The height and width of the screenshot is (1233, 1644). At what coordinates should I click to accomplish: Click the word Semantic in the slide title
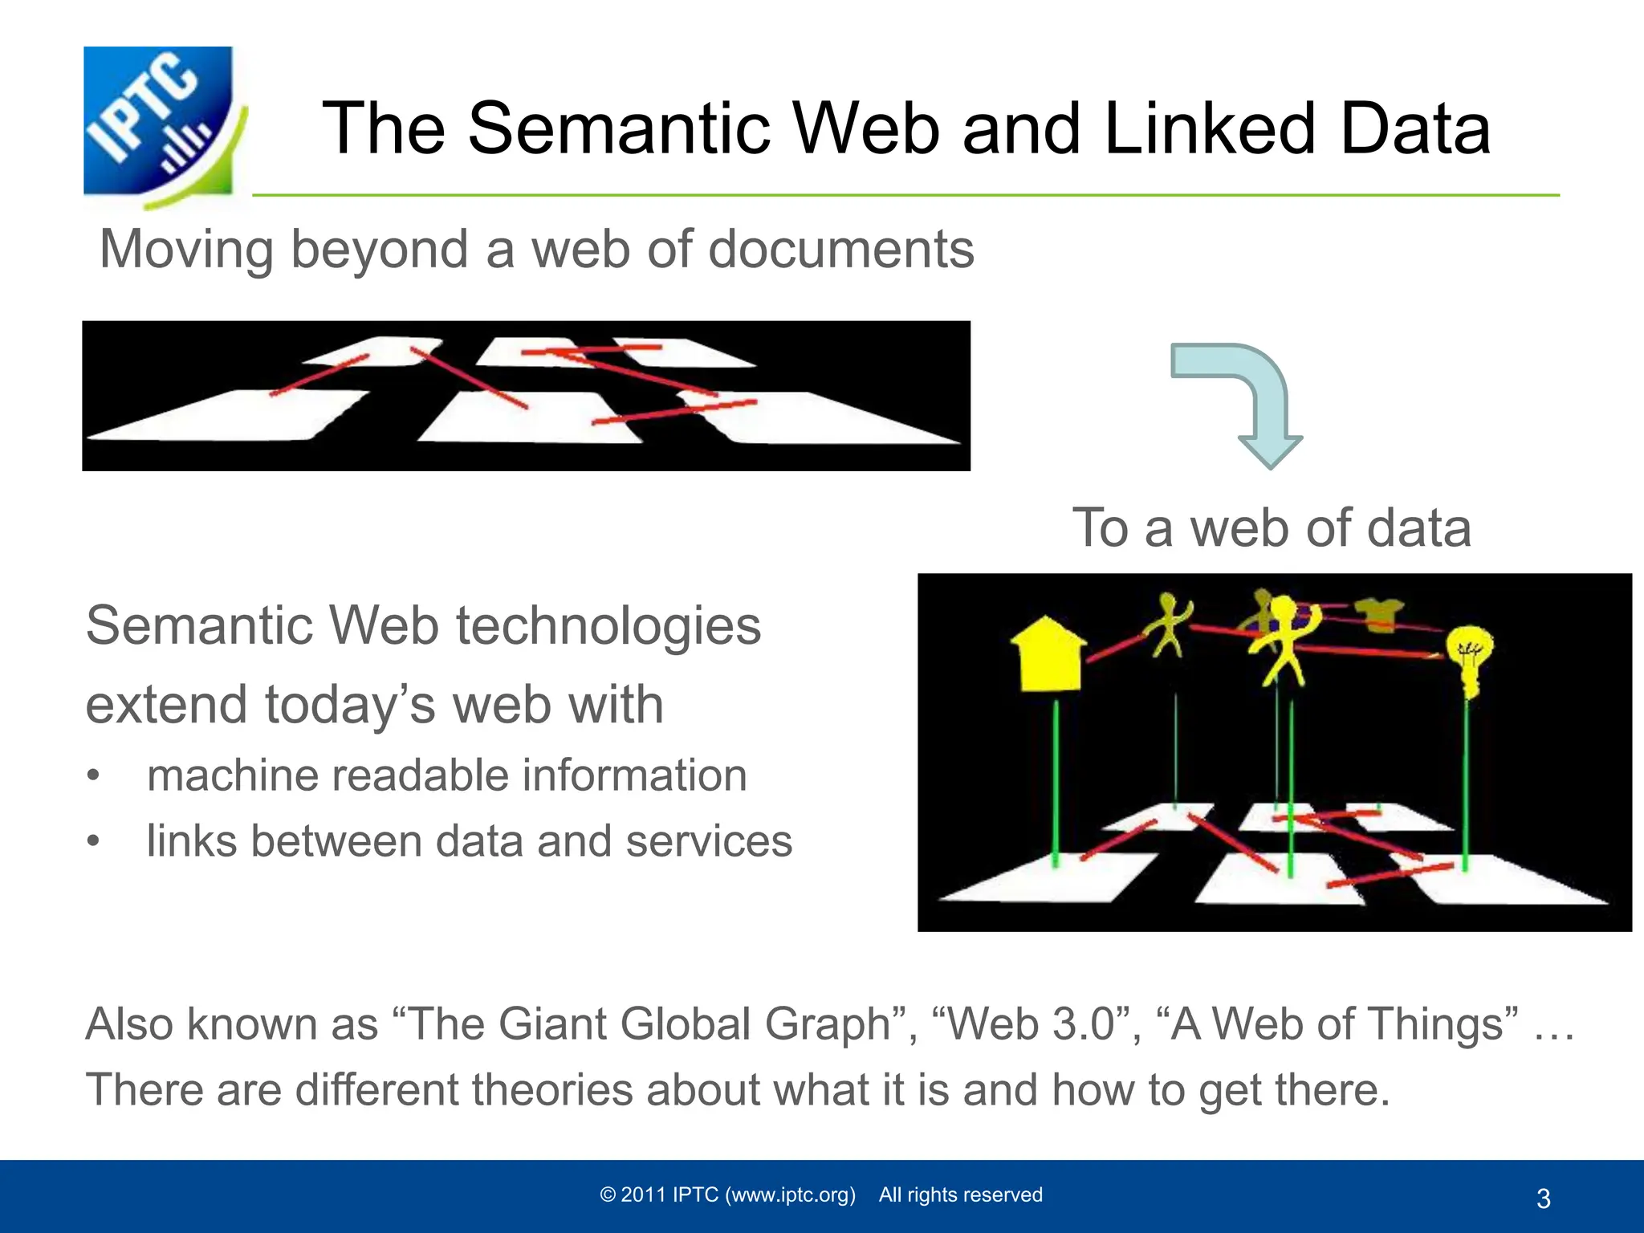click(x=618, y=128)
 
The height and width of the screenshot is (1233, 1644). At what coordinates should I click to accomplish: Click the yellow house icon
click(x=1047, y=654)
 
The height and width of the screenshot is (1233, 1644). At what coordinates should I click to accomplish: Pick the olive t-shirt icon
click(x=1379, y=615)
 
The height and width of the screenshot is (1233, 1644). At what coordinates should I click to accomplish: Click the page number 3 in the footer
click(x=1543, y=1198)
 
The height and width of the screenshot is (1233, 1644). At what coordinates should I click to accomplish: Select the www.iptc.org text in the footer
click(x=790, y=1195)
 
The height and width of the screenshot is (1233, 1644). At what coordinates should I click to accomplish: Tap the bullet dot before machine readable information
click(x=94, y=776)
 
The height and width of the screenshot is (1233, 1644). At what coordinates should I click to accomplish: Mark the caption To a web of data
click(x=1272, y=528)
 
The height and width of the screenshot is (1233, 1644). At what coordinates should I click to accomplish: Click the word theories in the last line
click(x=552, y=1090)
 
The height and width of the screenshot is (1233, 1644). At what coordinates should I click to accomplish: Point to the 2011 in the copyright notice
click(x=644, y=1195)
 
